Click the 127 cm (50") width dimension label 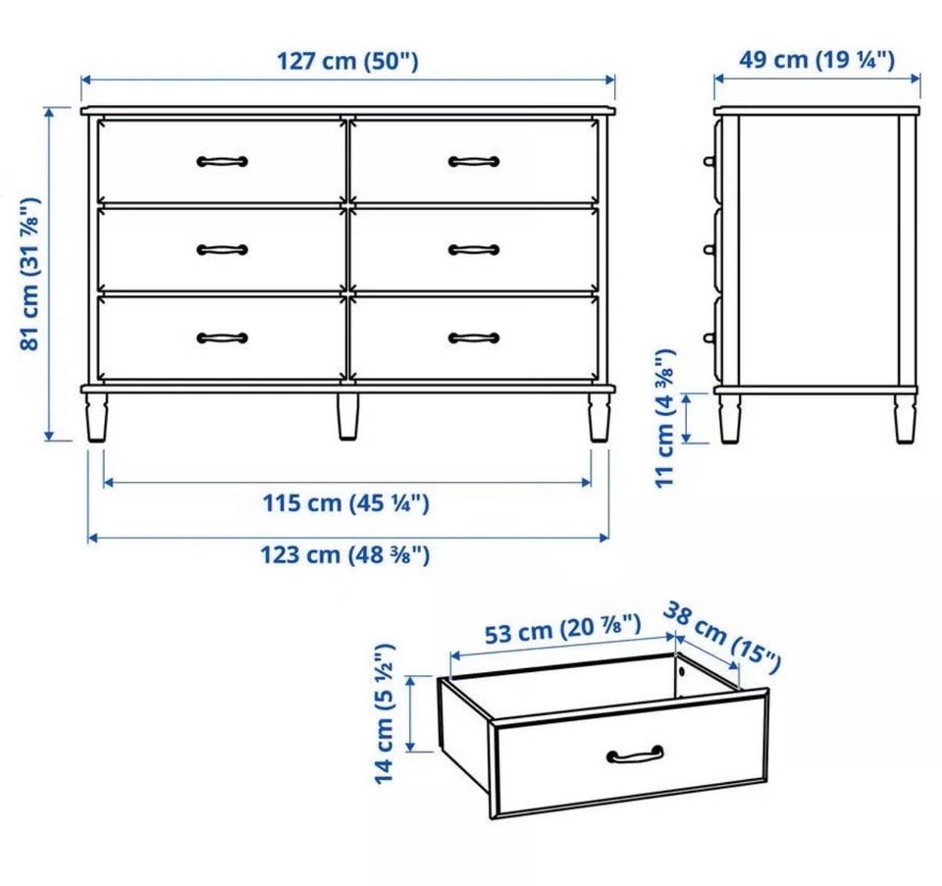pyautogui.click(x=347, y=61)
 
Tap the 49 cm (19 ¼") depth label pyautogui.click(x=816, y=60)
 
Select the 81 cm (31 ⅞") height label pyautogui.click(x=30, y=274)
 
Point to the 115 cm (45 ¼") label pyautogui.click(x=346, y=503)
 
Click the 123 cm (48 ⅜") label pyautogui.click(x=344, y=554)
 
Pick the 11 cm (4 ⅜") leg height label pyautogui.click(x=665, y=418)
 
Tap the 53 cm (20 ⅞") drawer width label pyautogui.click(x=562, y=629)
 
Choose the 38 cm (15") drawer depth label pyautogui.click(x=722, y=638)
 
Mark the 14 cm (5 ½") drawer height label pyautogui.click(x=385, y=713)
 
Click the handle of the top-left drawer pyautogui.click(x=223, y=161)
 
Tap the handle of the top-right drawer pyautogui.click(x=473, y=161)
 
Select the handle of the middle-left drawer pyautogui.click(x=223, y=249)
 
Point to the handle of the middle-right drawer pyautogui.click(x=473, y=249)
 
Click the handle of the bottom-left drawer pyautogui.click(x=223, y=338)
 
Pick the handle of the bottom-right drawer pyautogui.click(x=473, y=338)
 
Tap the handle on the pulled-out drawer pyautogui.click(x=635, y=754)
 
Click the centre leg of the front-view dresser pyautogui.click(x=347, y=417)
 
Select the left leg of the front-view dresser pyautogui.click(x=97, y=417)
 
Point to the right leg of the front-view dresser pyautogui.click(x=599, y=417)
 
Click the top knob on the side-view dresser pyautogui.click(x=709, y=161)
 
